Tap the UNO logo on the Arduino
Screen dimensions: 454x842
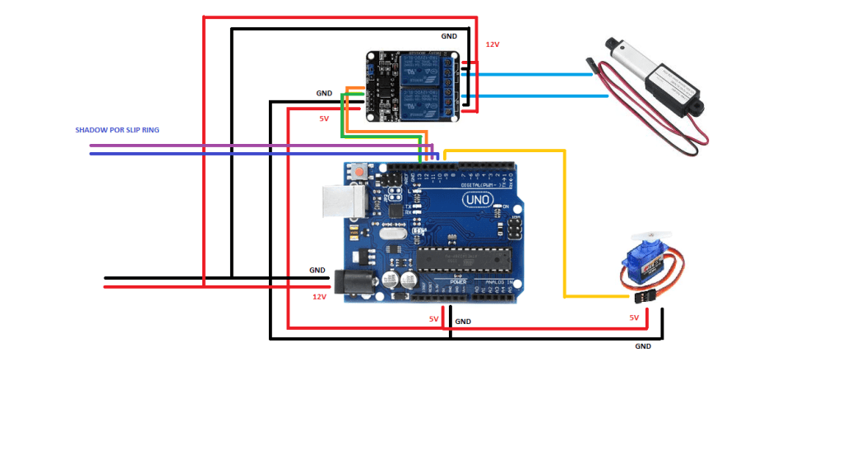[x=478, y=199]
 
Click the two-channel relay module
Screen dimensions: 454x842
[x=411, y=86]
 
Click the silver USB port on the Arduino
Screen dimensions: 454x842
[x=340, y=201]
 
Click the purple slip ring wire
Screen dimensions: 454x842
[x=247, y=146]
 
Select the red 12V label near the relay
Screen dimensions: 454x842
[x=493, y=44]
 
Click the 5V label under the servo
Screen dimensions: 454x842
[x=634, y=317]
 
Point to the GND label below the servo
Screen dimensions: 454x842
[x=643, y=346]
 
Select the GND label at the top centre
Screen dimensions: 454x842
[x=449, y=36]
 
